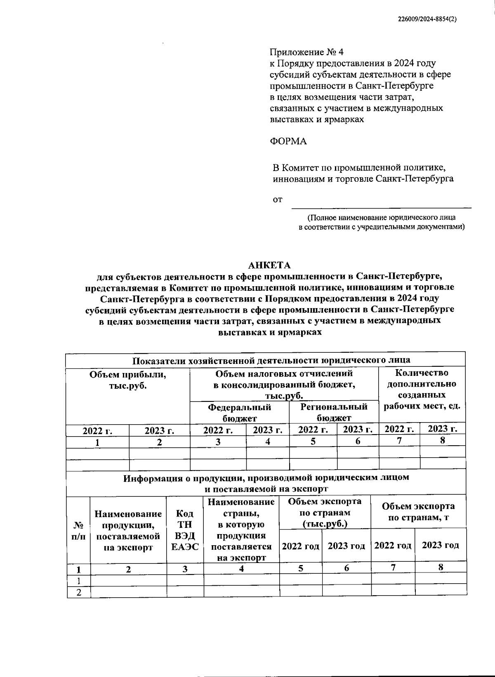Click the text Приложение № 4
click(x=306, y=52)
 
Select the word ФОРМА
click(x=288, y=141)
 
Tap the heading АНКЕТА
click(x=269, y=265)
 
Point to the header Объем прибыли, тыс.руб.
click(x=128, y=380)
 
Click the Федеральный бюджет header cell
click(x=239, y=412)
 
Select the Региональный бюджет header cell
click(x=334, y=412)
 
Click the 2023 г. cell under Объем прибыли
click(x=159, y=430)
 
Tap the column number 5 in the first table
click(x=313, y=441)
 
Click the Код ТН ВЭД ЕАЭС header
click(x=185, y=530)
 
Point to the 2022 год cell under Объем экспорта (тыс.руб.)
click(x=301, y=546)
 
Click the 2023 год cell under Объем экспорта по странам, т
click(x=440, y=545)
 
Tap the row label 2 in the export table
click(x=78, y=592)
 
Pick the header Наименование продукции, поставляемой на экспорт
click(x=128, y=530)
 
